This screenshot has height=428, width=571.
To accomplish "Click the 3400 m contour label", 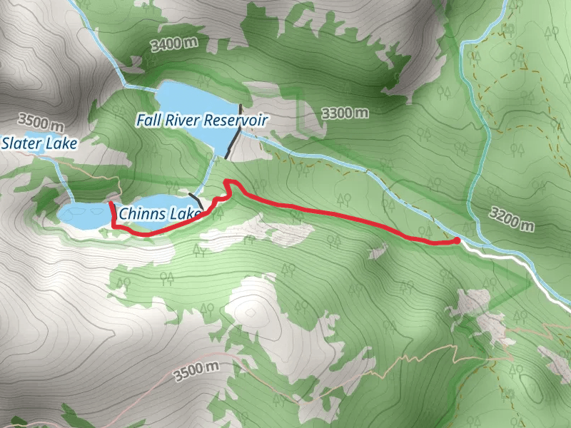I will coord(174,44).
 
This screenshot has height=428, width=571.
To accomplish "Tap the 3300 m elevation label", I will coord(345,113).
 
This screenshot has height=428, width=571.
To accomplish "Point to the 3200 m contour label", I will coord(512,220).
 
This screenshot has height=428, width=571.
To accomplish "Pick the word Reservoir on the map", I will coord(235,120).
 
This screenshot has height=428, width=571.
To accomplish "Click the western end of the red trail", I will coord(111,204).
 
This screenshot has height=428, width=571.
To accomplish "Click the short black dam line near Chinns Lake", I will coord(196,201).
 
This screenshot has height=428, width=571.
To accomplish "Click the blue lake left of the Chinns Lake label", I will coord(84,214).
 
